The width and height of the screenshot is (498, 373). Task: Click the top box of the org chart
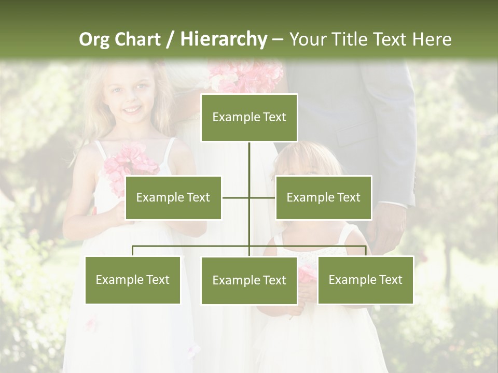pos(249,118)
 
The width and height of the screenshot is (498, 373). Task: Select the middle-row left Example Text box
pos(173,197)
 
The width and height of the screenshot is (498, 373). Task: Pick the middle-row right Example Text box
pos(323,197)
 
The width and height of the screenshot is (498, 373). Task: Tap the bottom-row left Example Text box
pos(133,280)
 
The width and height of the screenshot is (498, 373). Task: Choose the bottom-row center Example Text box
pos(249,280)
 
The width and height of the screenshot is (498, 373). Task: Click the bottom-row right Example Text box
pos(365,280)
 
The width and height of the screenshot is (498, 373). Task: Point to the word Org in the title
pos(94,39)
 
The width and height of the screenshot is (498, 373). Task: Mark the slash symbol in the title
pos(170,39)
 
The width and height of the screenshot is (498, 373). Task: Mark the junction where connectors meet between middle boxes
pos(249,197)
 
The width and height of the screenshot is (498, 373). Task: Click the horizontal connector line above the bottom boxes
pos(192,247)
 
